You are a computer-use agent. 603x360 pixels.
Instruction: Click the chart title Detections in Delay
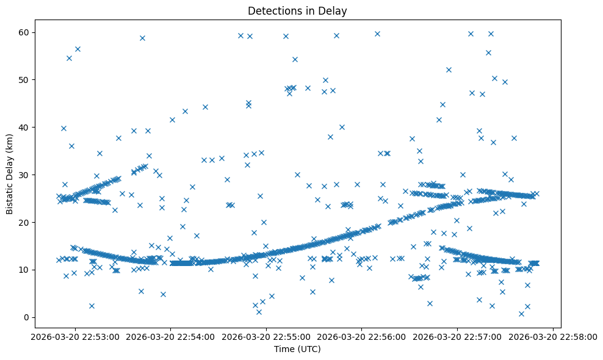[297, 10]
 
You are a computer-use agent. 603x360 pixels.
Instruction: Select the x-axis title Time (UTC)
[297, 350]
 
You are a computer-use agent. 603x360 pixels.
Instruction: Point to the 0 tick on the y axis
[27, 317]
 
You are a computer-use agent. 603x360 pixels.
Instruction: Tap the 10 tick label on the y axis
[24, 270]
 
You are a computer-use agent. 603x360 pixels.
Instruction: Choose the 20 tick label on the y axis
[24, 222]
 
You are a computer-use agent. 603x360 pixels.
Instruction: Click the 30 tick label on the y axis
[24, 175]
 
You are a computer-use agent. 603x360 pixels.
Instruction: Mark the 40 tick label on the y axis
[24, 127]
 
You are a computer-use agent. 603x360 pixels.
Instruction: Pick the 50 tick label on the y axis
[24, 79]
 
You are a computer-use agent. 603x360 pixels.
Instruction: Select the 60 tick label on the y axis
[24, 32]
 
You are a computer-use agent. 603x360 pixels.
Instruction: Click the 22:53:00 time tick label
[75, 336]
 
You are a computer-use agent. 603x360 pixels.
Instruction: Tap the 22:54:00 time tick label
[171, 336]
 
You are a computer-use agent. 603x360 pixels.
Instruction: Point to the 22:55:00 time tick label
[266, 336]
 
